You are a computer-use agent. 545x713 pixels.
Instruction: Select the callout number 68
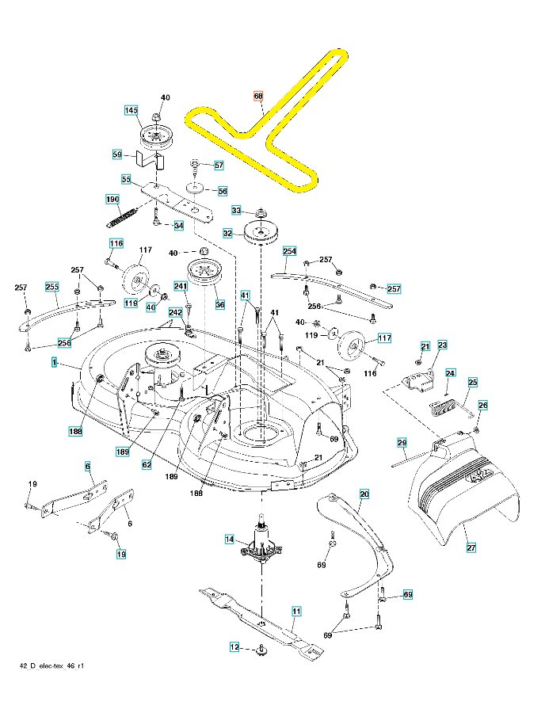click(258, 97)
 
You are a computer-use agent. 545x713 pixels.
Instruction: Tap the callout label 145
click(131, 110)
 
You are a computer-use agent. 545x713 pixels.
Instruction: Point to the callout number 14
click(230, 540)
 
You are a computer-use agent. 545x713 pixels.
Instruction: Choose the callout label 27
click(471, 547)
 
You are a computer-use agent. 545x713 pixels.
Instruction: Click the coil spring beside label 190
click(125, 212)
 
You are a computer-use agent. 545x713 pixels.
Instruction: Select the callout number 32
click(227, 234)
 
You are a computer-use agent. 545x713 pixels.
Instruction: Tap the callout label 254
click(289, 251)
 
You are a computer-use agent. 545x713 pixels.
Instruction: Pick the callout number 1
click(55, 362)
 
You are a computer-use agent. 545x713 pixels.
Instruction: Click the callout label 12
click(234, 647)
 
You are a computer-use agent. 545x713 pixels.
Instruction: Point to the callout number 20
click(364, 494)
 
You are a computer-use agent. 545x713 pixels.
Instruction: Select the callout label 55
click(126, 179)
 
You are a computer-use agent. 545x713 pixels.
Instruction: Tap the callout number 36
click(220, 303)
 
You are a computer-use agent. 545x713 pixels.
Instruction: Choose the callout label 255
click(52, 286)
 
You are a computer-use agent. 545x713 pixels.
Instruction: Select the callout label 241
click(181, 285)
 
